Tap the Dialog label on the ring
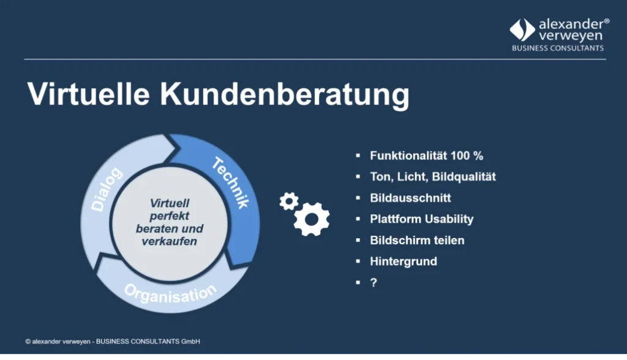point(107,190)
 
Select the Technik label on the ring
point(230,182)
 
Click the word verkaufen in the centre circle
point(170,241)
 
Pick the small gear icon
point(288,201)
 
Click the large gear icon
point(312,219)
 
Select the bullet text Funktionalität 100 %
point(427,156)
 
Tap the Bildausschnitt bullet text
point(410,198)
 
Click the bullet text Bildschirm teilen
point(417,240)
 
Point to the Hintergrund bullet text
point(404,261)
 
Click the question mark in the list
point(373,283)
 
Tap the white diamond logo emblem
point(522,30)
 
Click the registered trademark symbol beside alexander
point(606,21)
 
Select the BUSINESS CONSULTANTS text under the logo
point(557,48)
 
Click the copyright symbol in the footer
point(28,341)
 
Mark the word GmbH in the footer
point(191,341)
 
